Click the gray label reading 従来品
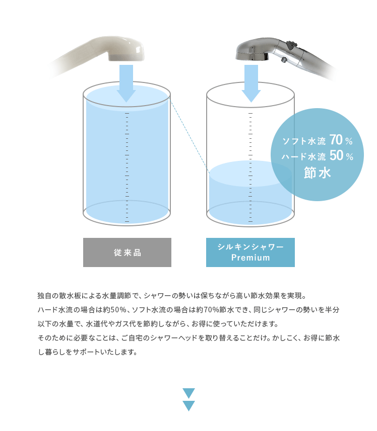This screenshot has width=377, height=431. coord(127,252)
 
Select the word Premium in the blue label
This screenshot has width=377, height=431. coord(250,257)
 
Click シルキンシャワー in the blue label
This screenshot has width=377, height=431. coord(250,246)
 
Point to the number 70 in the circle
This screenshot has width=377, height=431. coord(336,140)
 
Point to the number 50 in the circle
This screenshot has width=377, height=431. coord(336,155)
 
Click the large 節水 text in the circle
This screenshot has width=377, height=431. coord(317,173)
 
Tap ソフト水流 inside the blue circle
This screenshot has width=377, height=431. coord(304,141)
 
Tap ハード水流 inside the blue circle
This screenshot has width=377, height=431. coord(303,157)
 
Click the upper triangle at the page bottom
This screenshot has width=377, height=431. coord(188,392)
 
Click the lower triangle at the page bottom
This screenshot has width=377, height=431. coord(188,405)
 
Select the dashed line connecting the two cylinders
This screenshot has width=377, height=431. coord(190,136)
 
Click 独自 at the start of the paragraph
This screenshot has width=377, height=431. coord(45,296)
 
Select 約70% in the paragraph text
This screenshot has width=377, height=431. coord(208,310)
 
